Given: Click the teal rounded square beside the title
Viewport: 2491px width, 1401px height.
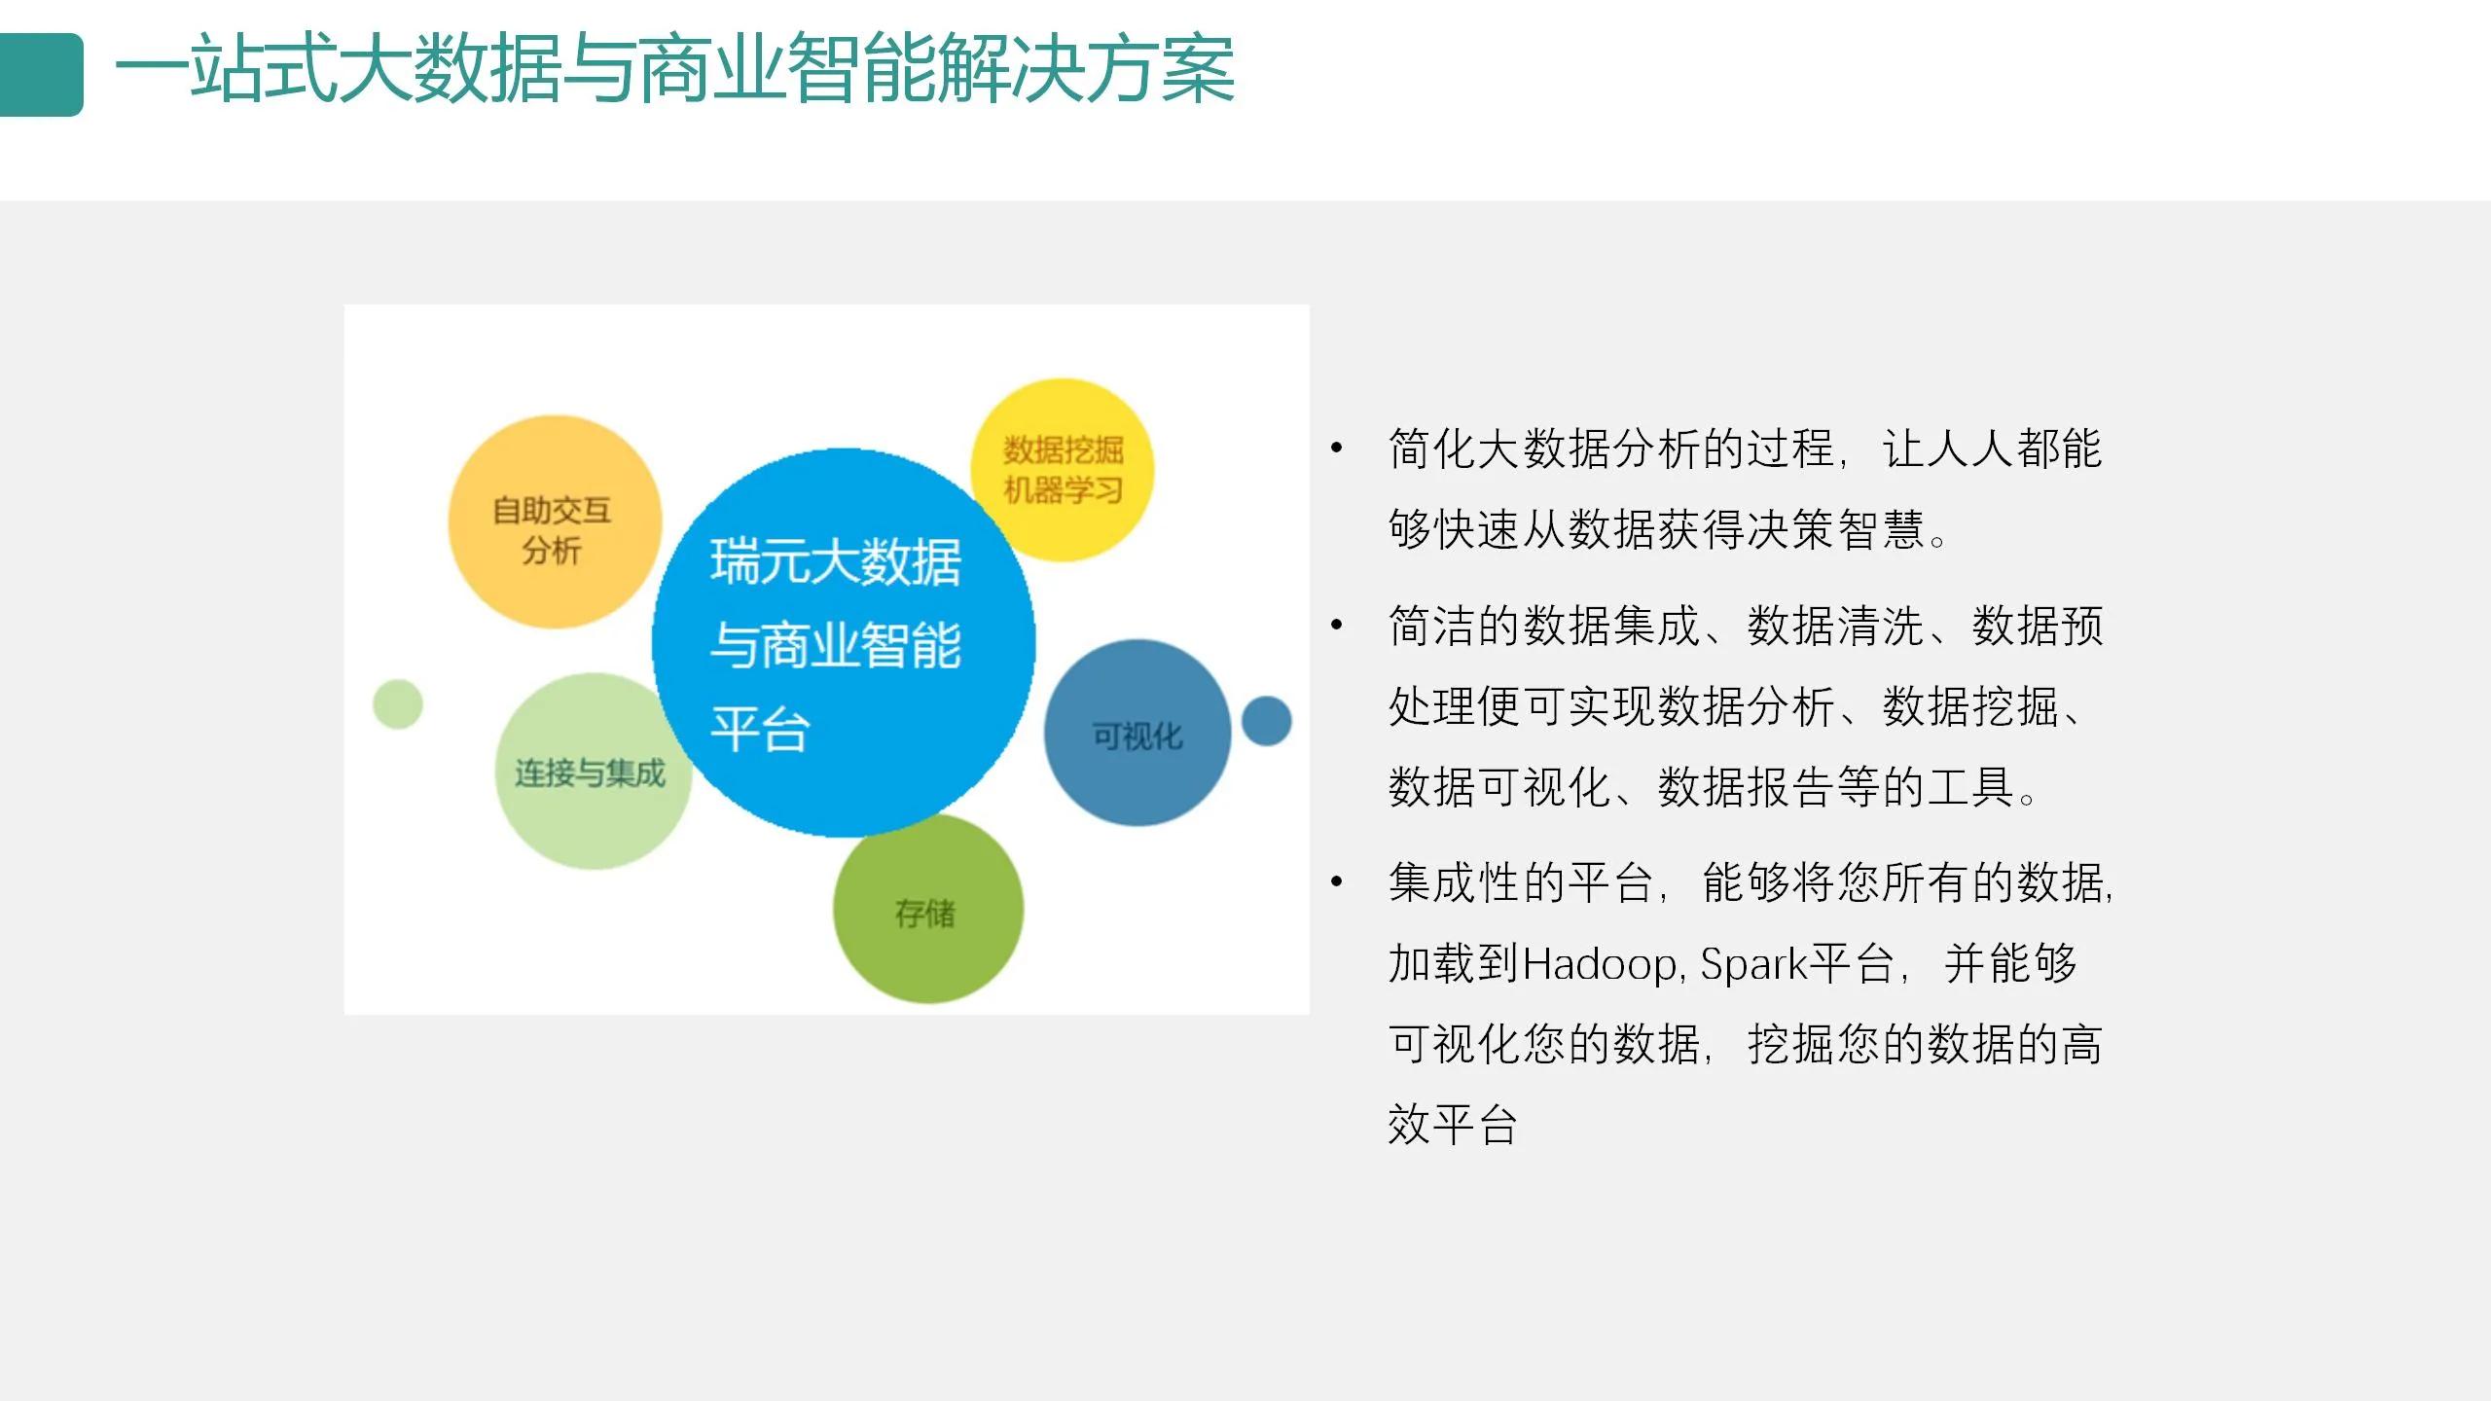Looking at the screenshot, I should tap(41, 75).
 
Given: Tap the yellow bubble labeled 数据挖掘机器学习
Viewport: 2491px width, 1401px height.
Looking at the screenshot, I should tap(1063, 469).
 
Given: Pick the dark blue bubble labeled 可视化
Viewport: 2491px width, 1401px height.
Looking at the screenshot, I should tap(1137, 735).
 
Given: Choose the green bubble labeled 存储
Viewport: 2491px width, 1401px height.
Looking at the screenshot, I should tap(926, 911).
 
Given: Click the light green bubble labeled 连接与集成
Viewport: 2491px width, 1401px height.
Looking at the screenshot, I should tap(590, 773).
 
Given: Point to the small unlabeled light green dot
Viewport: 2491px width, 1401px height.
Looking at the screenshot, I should tap(398, 703).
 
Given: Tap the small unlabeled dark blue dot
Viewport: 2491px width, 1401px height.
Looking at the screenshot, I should tap(1267, 721).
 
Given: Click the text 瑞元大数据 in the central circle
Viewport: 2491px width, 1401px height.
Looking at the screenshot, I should tap(836, 562).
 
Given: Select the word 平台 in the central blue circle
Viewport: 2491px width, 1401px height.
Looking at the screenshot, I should tap(760, 730).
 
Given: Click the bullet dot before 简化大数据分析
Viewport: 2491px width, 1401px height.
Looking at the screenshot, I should tap(1337, 449).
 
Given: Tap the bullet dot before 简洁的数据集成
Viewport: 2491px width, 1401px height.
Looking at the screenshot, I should tap(1337, 625).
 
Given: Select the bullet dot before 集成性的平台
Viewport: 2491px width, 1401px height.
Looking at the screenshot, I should tap(1337, 881).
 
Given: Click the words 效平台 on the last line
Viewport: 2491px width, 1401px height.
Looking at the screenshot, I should tap(1453, 1126).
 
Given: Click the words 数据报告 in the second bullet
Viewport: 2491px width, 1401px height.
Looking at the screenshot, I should tap(1747, 787).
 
